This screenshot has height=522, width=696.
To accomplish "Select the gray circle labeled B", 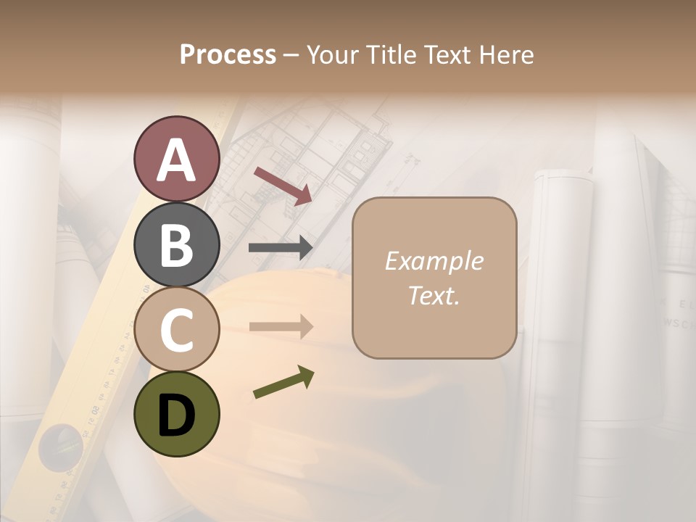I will coord(176,244).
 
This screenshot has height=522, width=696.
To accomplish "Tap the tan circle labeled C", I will coord(176,329).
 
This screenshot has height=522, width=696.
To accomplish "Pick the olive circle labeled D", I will coord(176,414).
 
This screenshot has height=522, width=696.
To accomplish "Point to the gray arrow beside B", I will coord(281,247).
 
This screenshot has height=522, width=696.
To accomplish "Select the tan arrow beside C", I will coord(281,326).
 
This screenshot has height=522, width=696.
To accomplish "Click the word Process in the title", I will coord(228,54).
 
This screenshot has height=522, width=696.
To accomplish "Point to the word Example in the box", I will coord(434,261).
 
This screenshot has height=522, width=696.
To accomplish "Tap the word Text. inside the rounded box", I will coord(434,295).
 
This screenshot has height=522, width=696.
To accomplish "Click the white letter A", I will coord(176,160).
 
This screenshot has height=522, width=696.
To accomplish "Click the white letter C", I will coord(176,330).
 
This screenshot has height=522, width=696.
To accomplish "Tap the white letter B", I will coord(176,245).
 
